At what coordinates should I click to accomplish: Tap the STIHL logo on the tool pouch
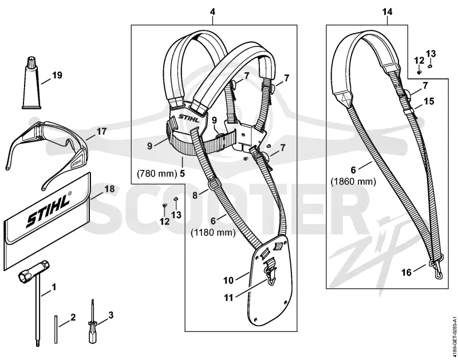click(x=49, y=208)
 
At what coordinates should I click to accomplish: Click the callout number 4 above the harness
click(x=212, y=11)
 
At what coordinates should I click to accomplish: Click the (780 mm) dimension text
click(x=157, y=174)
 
